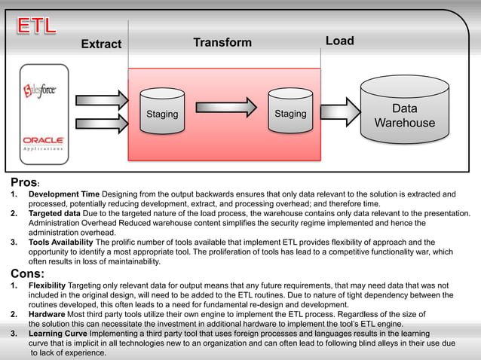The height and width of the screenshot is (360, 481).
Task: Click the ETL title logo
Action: click(x=37, y=25)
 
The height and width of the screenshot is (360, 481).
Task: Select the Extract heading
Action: click(x=101, y=44)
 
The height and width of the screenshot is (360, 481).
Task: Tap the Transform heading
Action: click(x=222, y=42)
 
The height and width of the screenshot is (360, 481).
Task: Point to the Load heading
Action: click(x=339, y=41)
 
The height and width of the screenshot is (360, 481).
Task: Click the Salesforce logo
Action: click(x=44, y=90)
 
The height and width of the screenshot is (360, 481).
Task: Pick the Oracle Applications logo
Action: click(x=44, y=142)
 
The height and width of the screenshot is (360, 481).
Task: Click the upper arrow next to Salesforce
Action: click(x=103, y=99)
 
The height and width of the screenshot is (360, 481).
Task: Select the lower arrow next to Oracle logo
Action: click(x=103, y=124)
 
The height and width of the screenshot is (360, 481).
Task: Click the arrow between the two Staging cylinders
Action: click(x=226, y=113)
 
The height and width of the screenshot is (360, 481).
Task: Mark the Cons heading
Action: click(x=27, y=273)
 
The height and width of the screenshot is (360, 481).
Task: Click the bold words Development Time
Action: click(x=63, y=195)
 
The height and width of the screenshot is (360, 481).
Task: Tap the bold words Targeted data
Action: click(x=54, y=214)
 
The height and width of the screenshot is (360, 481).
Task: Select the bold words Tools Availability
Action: click(x=63, y=243)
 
